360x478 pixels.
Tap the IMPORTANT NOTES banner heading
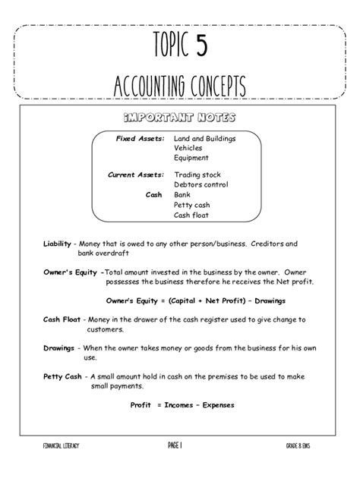179,120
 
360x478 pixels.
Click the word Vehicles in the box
188,149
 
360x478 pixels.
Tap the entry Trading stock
197,175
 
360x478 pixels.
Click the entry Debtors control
201,184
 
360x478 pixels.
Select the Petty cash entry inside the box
191,204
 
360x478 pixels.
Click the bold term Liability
57,244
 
